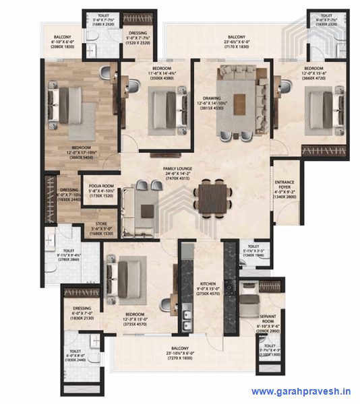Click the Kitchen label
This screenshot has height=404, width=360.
pos(206,284)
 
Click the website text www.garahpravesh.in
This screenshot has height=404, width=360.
pos(301,391)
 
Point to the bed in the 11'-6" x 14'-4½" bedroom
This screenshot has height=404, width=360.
pos(163,106)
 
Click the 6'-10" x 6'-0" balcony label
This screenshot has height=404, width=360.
pos(67,38)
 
